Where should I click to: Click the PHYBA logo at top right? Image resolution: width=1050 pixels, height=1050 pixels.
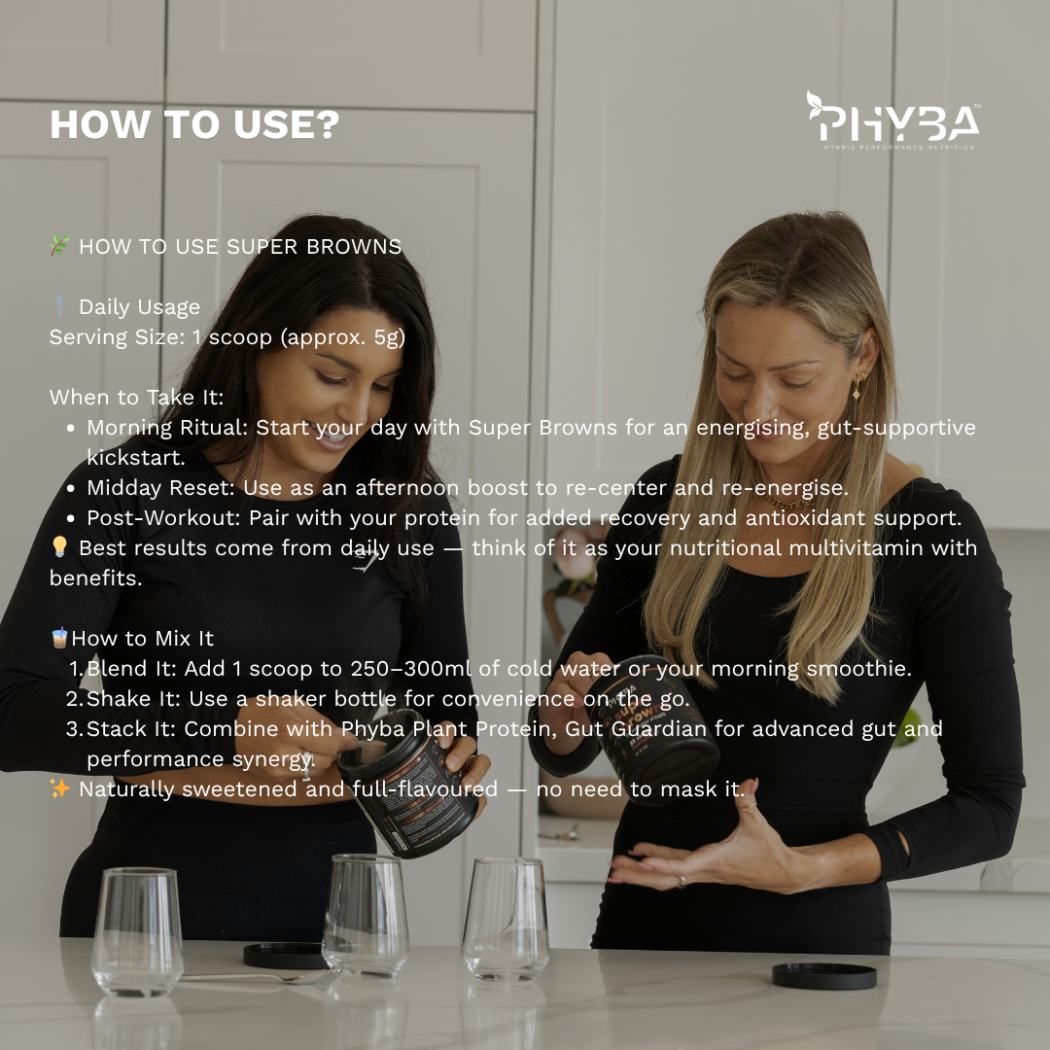[893, 121]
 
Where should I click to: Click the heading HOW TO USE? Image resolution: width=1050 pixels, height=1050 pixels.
[194, 124]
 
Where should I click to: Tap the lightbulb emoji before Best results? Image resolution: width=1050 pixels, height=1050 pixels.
[59, 546]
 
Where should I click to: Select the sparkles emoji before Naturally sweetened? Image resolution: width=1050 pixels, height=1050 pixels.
[59, 788]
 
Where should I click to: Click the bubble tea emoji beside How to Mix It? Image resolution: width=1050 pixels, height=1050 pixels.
[59, 638]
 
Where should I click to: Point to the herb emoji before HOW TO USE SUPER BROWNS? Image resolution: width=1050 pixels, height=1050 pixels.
[59, 246]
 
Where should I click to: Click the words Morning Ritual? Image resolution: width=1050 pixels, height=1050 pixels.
[166, 427]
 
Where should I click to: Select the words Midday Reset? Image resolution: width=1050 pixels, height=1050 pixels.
[160, 487]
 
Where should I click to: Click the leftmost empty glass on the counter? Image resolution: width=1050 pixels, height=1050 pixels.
[137, 931]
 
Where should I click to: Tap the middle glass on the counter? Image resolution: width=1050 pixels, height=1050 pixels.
[366, 916]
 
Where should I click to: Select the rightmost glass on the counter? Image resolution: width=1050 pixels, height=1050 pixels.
[506, 919]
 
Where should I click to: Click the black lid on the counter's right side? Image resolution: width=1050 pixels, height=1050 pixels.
[824, 976]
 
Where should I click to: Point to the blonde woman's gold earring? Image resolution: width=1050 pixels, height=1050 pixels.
[857, 388]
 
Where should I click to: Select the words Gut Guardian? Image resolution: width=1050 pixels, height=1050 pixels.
[636, 728]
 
